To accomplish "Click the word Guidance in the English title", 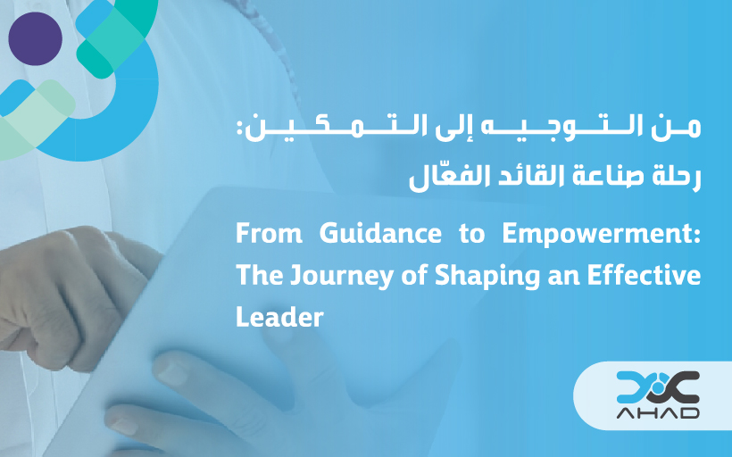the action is pos(380,233).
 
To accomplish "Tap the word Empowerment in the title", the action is pos(602,233).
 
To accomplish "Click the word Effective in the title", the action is pos(644,275).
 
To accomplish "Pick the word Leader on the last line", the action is pos(279,317).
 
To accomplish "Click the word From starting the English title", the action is pos(269,233).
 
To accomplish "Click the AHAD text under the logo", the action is pos(658,412).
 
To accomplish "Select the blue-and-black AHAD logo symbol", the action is pos(658,387).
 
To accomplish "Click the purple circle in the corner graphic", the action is pos(35,38).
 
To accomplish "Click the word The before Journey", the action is pos(260,275).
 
